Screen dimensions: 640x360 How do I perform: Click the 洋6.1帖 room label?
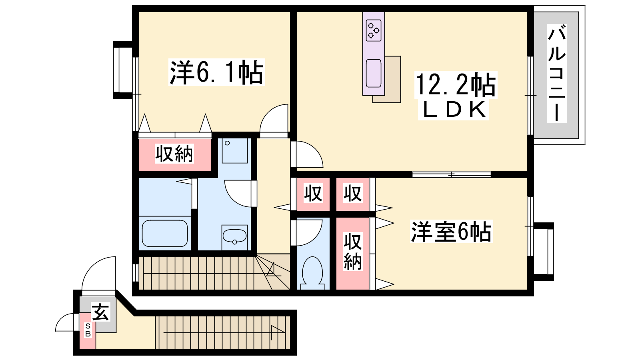click(x=216, y=72)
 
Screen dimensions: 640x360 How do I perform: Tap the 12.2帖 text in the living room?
click(x=456, y=84)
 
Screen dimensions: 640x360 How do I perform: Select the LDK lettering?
click(x=454, y=110)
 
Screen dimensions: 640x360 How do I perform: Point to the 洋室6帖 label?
click(x=452, y=231)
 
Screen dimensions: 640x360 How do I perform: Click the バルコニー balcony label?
click(x=556, y=74)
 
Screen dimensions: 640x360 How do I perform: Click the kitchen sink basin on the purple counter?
click(x=374, y=73)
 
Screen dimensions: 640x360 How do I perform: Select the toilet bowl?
click(x=312, y=273)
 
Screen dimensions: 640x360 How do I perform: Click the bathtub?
click(x=165, y=234)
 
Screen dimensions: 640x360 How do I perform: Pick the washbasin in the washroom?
click(x=234, y=236)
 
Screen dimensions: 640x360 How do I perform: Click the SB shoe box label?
click(x=88, y=330)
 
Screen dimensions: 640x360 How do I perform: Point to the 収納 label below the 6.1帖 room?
click(x=174, y=154)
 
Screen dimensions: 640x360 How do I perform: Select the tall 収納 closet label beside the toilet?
click(x=352, y=252)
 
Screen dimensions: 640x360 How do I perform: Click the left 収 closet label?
click(x=313, y=193)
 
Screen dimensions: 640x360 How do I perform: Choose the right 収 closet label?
click(x=352, y=193)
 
